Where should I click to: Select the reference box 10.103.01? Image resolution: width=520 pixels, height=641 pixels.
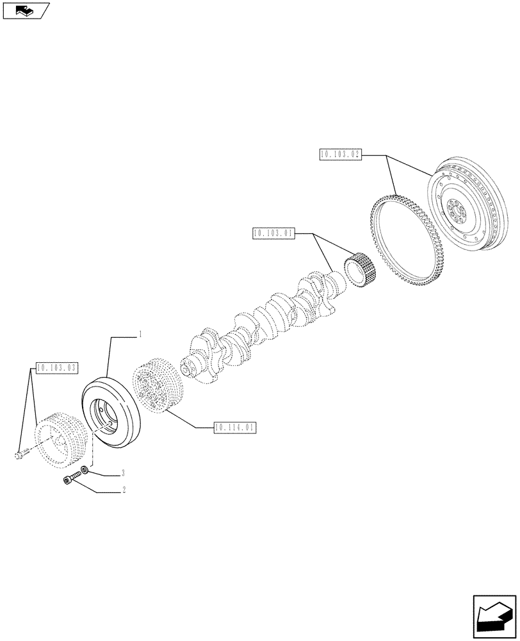pyautogui.click(x=273, y=234)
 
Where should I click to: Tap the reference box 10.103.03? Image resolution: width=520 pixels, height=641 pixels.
pyautogui.click(x=57, y=368)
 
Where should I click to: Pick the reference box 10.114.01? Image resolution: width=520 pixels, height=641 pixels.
pyautogui.click(x=236, y=426)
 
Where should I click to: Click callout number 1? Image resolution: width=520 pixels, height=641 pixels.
pyautogui.click(x=140, y=335)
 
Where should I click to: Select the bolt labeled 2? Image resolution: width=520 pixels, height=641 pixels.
pyautogui.click(x=72, y=479)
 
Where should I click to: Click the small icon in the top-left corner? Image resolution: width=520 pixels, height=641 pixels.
pyautogui.click(x=26, y=10)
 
